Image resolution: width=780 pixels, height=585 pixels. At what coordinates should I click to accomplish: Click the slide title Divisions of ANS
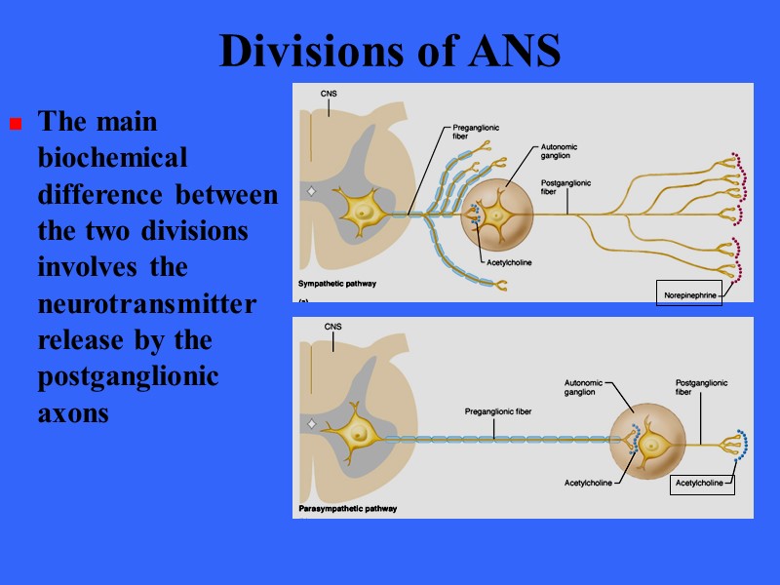(390, 51)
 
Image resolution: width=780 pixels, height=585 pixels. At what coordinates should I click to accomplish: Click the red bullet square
(15, 124)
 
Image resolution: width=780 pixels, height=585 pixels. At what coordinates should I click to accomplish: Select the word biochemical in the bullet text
(112, 158)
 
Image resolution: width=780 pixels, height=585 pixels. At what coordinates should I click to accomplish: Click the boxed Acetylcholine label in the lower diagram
(703, 483)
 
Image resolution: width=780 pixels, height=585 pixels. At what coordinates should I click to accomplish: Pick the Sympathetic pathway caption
(336, 284)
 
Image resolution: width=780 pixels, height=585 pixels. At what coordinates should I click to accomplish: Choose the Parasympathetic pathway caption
(348, 509)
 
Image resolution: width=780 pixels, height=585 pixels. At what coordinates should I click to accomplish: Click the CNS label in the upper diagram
(330, 95)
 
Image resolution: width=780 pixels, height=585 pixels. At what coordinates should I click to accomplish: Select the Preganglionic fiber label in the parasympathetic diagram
(497, 412)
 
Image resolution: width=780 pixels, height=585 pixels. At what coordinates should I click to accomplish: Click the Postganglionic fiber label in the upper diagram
(565, 186)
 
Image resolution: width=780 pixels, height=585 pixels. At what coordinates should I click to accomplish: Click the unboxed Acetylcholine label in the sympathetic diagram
(509, 262)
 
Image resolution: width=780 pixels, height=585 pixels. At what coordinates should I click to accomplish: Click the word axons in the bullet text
(73, 413)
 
